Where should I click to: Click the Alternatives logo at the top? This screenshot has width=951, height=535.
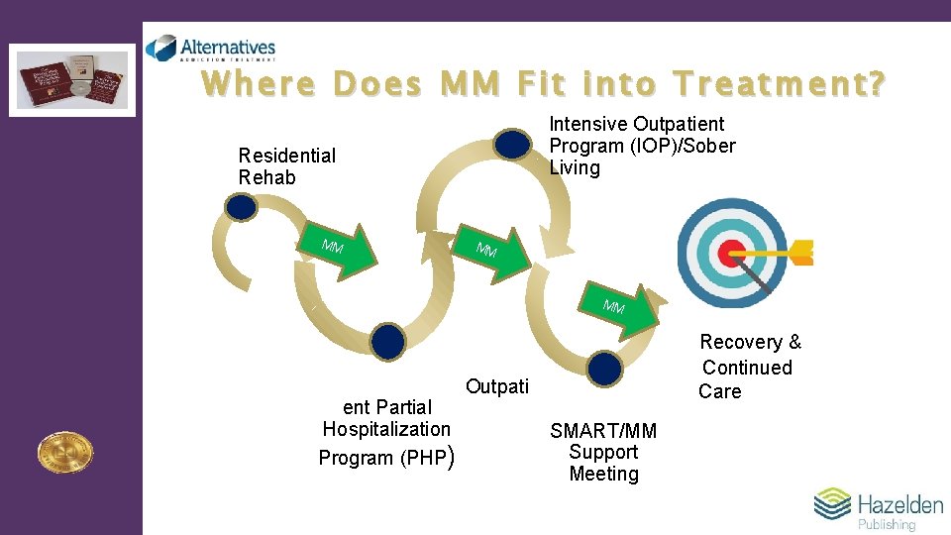[210, 49]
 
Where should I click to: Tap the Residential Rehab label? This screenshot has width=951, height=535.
[286, 166]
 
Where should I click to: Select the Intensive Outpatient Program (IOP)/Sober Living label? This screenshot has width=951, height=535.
[643, 146]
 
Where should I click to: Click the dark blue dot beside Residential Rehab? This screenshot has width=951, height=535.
[241, 206]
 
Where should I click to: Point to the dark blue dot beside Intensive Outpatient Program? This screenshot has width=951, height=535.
[512, 145]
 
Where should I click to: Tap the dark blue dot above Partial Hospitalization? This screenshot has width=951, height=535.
[388, 340]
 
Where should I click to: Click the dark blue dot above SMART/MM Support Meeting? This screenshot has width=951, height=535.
[603, 369]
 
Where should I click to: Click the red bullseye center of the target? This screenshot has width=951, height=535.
[731, 253]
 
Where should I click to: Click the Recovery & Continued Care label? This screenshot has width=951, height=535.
[748, 367]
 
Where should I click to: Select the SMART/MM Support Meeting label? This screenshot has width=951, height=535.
[603, 452]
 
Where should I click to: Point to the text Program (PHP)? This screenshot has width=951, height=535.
[385, 458]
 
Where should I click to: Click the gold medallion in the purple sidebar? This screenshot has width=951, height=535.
[64, 452]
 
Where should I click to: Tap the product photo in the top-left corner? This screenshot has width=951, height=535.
[72, 79]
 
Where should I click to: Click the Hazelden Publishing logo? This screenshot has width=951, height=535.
[879, 509]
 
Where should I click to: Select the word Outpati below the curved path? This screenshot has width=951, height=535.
[496, 386]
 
